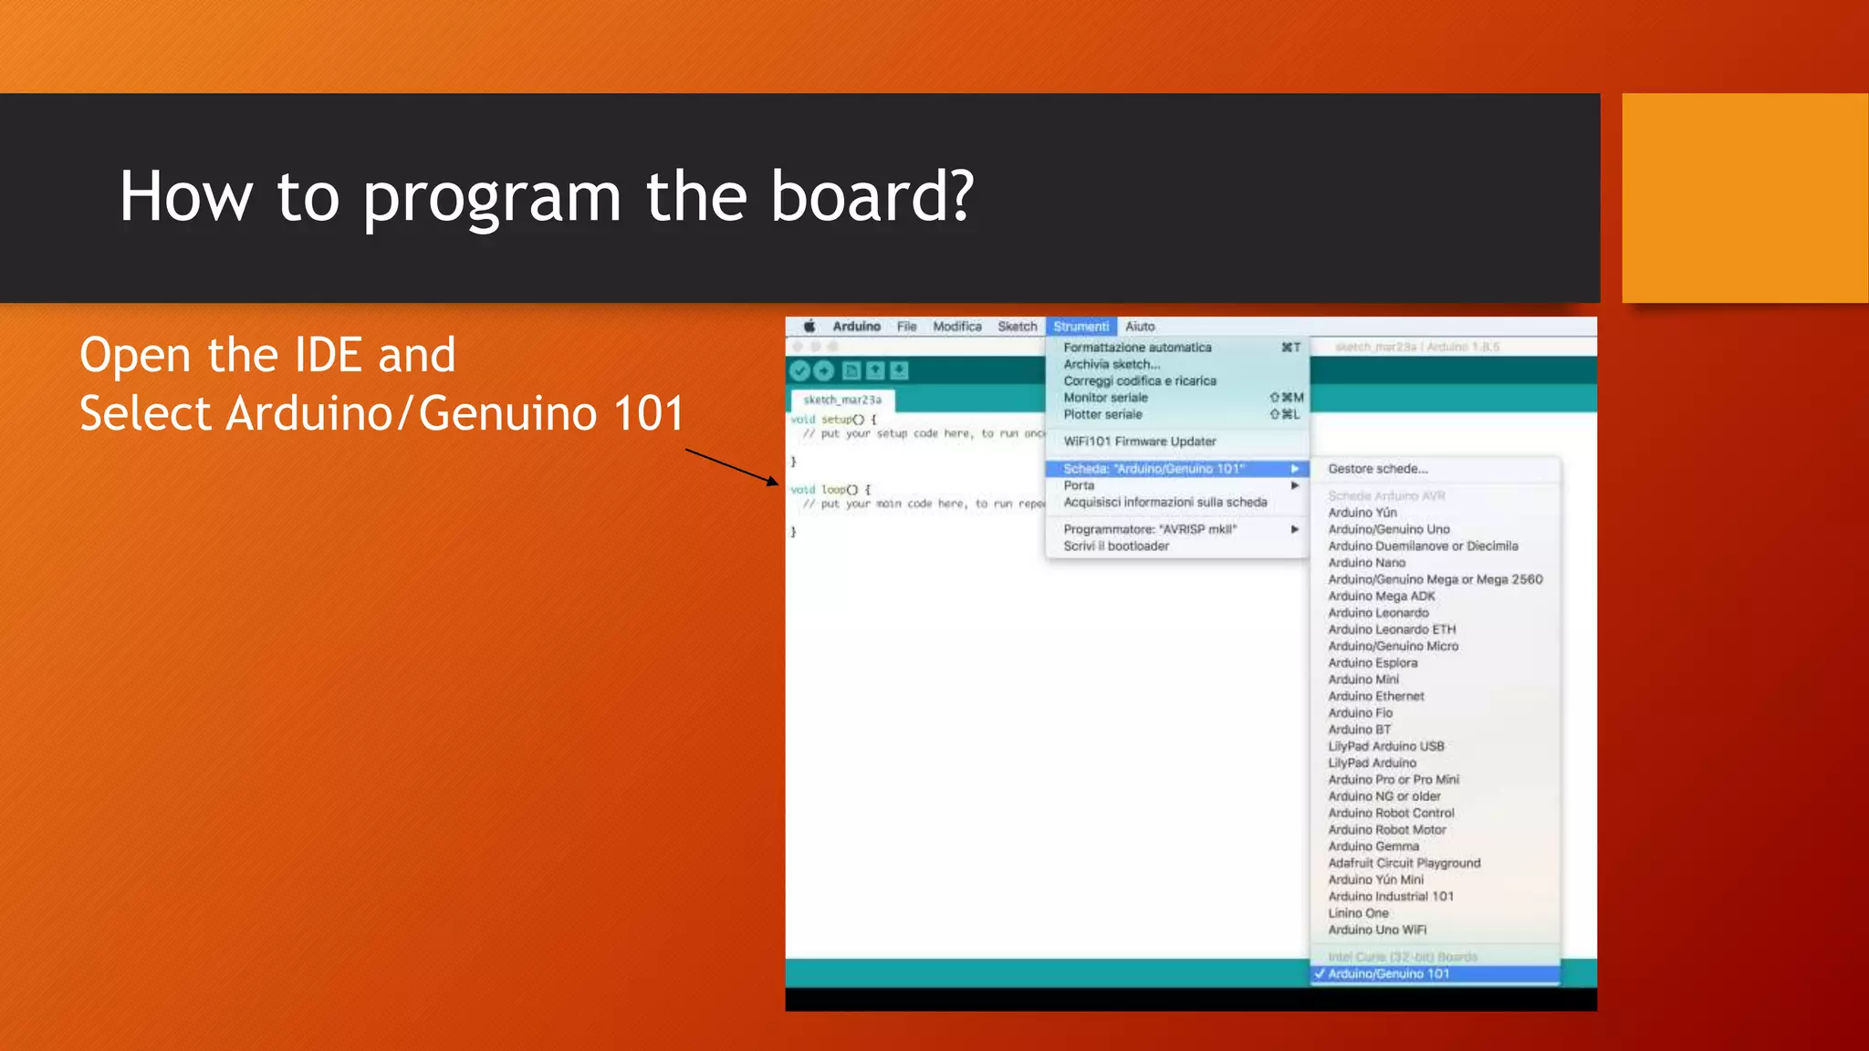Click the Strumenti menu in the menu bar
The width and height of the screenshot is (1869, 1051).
tap(1081, 327)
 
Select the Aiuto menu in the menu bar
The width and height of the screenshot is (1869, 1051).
tap(1140, 327)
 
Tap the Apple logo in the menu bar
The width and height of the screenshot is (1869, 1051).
tap(809, 327)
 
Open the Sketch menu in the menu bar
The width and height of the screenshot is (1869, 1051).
tap(1017, 327)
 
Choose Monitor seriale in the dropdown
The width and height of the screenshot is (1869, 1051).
tap(1105, 398)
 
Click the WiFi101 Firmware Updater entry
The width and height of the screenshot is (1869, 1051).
tap(1140, 442)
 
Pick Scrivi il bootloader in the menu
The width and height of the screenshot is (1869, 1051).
tap(1116, 546)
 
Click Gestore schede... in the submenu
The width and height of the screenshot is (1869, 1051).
tap(1378, 469)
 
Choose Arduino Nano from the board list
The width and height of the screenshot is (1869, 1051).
tap(1366, 563)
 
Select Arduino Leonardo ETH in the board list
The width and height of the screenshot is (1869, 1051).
tap(1392, 630)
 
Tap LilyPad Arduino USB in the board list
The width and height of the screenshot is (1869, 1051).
tap(1385, 746)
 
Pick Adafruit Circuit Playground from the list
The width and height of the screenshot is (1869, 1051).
tap(1404, 863)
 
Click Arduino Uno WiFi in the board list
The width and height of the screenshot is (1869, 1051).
tap(1377, 930)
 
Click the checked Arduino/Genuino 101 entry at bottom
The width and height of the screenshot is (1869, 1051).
tap(1388, 974)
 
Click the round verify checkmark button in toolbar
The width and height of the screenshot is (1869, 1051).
tap(800, 370)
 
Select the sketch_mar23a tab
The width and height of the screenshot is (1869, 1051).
tap(842, 400)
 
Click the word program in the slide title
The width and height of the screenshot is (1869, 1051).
tap(492, 198)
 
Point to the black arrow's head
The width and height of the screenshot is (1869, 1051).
tap(776, 483)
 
